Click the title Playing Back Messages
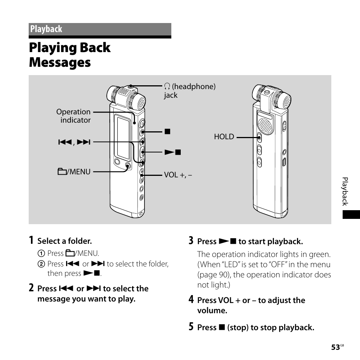pos(70,55)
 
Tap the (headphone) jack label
pos(189,91)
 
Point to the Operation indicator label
pos(74,116)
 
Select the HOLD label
pos(224,137)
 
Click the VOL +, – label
pos(178,175)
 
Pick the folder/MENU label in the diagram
pos(74,172)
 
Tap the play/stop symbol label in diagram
pos(172,152)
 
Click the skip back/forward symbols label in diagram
pos(74,142)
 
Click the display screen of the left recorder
pos(123,137)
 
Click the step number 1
pos(31,240)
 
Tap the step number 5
pos(191,327)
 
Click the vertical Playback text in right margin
pos(345,191)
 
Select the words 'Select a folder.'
pos(65,241)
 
